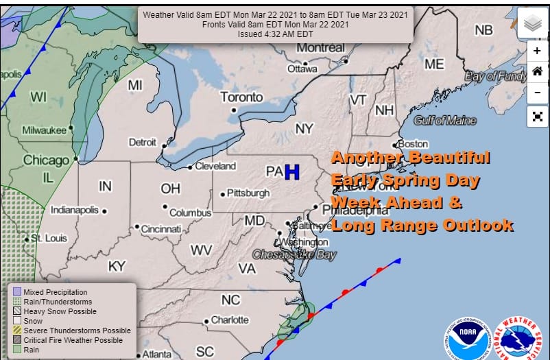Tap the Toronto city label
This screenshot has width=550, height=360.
tap(241, 97)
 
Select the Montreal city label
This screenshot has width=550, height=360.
tap(320, 48)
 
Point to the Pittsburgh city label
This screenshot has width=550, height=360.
tap(248, 193)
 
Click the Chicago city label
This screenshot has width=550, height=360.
tap(47, 160)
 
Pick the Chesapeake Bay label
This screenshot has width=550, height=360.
tap(295, 254)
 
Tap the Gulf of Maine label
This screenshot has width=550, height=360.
tap(445, 121)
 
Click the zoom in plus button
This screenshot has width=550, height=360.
tap(537, 51)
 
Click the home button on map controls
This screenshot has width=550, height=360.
tap(537, 71)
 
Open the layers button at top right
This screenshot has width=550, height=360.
tap(533, 24)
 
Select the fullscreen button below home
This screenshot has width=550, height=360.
tap(537, 117)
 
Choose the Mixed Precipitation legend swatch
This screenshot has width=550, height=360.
tap(17, 292)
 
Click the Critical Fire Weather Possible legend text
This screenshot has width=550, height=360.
tap(73, 340)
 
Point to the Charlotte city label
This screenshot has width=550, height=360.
tap(230, 320)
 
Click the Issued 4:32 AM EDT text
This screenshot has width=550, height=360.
tap(275, 34)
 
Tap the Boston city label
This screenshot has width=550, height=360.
tap(413, 144)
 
